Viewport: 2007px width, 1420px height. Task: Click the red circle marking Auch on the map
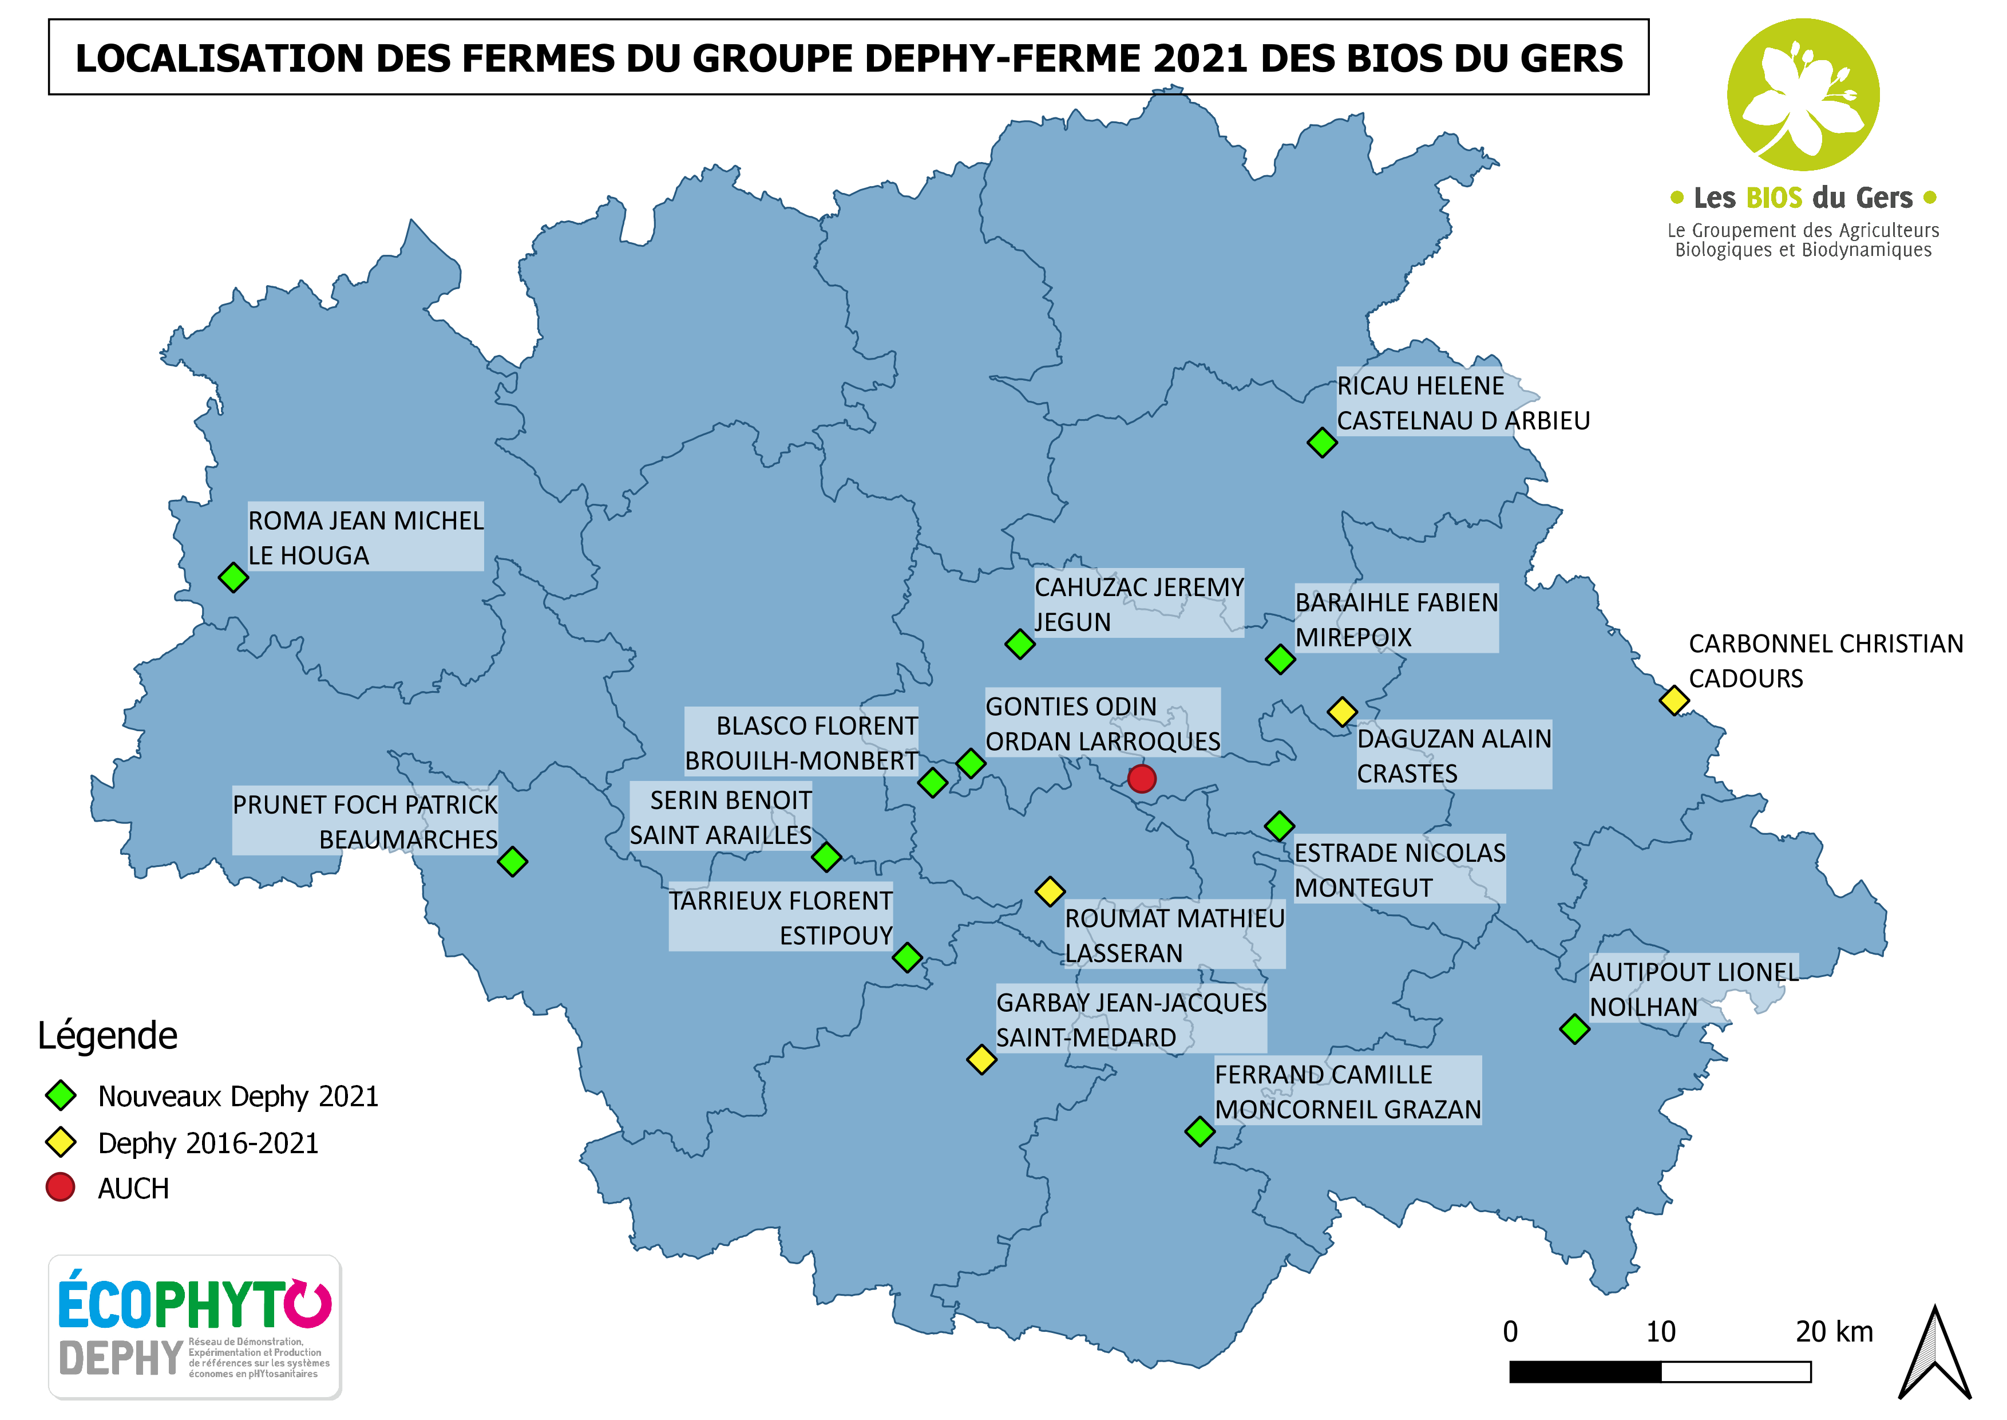pyautogui.click(x=1142, y=778)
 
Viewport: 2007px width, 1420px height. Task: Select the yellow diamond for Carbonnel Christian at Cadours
pyautogui.click(x=1674, y=700)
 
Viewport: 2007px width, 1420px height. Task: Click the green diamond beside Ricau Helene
pyautogui.click(x=1321, y=443)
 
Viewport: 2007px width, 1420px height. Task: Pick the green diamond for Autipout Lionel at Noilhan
pyautogui.click(x=1574, y=1029)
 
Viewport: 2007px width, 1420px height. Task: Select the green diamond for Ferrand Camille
pyautogui.click(x=1200, y=1131)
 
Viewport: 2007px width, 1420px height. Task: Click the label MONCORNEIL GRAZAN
pyautogui.click(x=1348, y=1110)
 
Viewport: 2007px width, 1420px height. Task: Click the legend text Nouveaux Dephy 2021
pyautogui.click(x=237, y=1096)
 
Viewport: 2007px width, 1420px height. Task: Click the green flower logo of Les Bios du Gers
pyautogui.click(x=1803, y=94)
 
